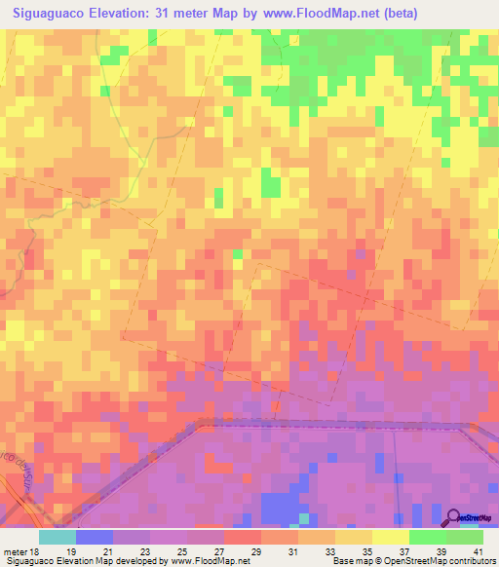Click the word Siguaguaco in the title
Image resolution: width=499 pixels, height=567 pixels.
(58, 14)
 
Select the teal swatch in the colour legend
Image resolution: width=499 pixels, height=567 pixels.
(58, 537)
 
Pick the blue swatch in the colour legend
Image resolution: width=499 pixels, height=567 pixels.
(95, 537)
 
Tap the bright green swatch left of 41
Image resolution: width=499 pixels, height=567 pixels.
(465, 537)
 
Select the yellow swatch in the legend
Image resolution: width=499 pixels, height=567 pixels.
(391, 537)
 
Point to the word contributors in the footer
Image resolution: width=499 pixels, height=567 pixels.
(473, 561)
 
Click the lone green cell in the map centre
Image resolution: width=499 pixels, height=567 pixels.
(237, 254)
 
